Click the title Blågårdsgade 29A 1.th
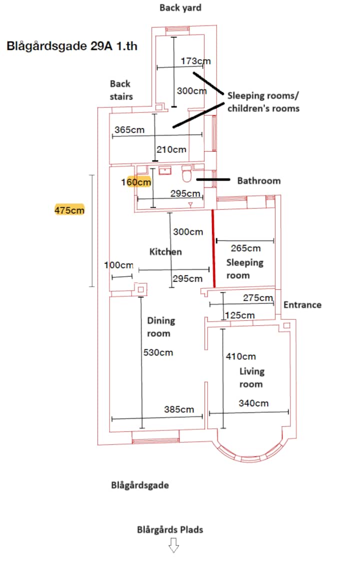[72, 46]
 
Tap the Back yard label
[180, 8]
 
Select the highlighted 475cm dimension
[69, 210]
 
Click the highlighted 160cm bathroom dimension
[136, 182]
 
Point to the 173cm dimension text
[195, 61]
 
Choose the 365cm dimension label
[129, 130]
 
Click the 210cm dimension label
[171, 150]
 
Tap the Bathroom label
[258, 181]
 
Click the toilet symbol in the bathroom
[186, 174]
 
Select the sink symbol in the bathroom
[165, 170]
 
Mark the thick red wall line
[213, 248]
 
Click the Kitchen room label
[165, 252]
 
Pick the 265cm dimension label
[245, 248]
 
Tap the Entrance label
[302, 305]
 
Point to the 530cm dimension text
[158, 352]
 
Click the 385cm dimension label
[178, 409]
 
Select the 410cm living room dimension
[240, 356]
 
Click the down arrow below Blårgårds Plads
[173, 545]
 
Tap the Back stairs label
[121, 90]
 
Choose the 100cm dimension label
[119, 265]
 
